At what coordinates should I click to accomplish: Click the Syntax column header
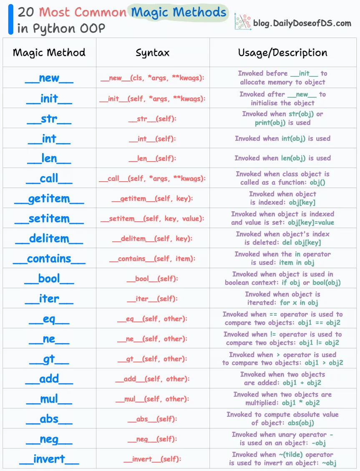[153, 53]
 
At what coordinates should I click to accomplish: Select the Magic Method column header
[49, 53]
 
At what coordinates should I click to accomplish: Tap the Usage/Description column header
[282, 53]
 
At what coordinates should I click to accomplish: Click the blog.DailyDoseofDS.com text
[302, 23]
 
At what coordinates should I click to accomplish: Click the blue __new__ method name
[49, 78]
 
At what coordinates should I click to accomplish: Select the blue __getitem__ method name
[49, 199]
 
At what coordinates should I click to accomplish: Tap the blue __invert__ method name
[49, 459]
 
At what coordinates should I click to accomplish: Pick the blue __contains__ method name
[49, 259]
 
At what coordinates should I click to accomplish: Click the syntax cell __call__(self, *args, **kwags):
[153, 179]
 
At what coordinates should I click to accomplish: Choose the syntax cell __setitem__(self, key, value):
[153, 219]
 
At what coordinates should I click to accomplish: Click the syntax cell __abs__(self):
[153, 419]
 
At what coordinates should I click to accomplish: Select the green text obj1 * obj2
[301, 403]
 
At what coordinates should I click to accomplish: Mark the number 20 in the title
[26, 12]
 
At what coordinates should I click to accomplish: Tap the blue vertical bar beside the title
[10, 20]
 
